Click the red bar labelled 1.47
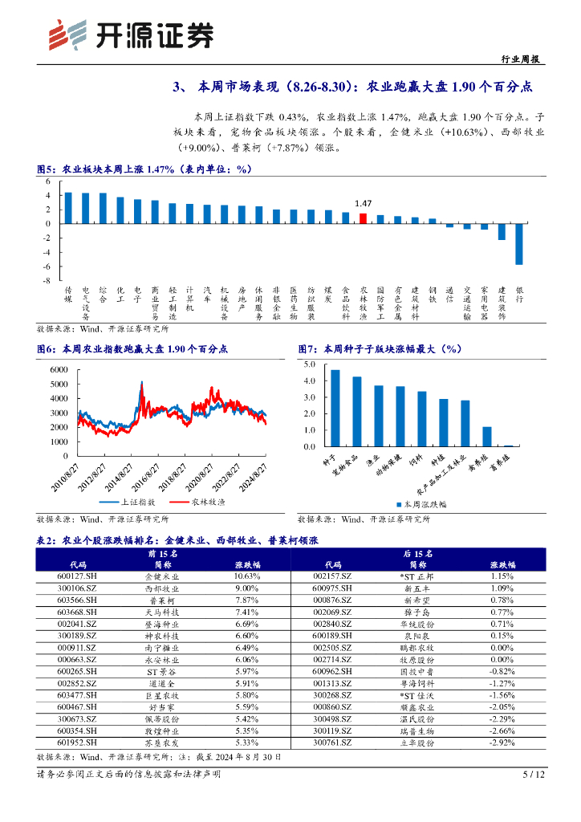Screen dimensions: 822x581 (x=363, y=218)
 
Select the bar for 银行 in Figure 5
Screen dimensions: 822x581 (x=519, y=243)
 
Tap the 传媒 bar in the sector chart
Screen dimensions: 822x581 (x=68, y=207)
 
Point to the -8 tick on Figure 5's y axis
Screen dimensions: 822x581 (x=47, y=281)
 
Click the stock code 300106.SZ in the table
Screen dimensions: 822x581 (x=78, y=588)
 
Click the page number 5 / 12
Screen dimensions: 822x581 (x=534, y=775)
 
